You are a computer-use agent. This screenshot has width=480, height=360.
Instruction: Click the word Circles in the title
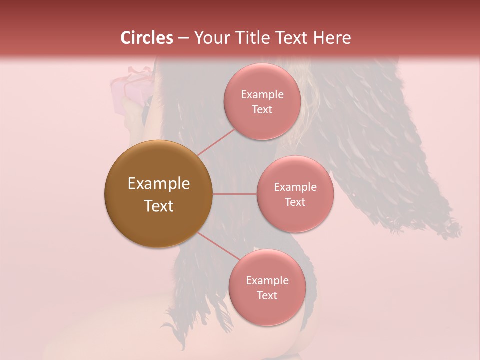(x=147, y=38)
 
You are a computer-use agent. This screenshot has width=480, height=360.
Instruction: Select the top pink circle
(x=262, y=125)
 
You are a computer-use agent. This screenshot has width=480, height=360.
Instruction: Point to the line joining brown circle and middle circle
(x=235, y=194)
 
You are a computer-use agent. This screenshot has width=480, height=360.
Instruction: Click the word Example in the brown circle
(x=159, y=184)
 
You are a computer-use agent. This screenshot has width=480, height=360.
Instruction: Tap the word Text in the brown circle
(x=159, y=206)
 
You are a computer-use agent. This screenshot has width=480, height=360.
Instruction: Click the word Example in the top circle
(x=262, y=94)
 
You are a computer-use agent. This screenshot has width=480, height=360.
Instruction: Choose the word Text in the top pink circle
(x=262, y=109)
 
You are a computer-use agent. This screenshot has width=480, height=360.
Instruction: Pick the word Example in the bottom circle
(x=267, y=280)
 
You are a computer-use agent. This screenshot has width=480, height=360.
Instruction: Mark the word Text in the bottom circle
(x=267, y=295)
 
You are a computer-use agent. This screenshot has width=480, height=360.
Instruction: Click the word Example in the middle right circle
(x=295, y=187)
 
